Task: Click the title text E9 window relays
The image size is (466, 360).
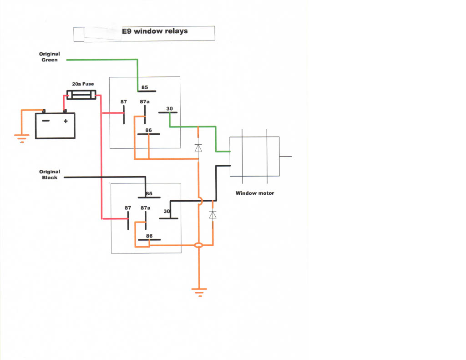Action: tap(155, 31)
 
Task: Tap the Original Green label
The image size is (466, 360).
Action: tap(50, 57)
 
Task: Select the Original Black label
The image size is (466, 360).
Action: tap(50, 175)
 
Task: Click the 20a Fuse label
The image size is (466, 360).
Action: tap(83, 84)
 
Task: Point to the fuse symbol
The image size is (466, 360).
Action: tap(81, 95)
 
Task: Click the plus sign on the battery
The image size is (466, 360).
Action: tap(66, 122)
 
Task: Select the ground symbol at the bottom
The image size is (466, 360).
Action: tap(199, 292)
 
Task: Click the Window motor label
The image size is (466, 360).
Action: tap(255, 193)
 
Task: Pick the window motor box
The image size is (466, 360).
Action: tap(254, 156)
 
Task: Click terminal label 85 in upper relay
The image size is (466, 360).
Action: tap(145, 87)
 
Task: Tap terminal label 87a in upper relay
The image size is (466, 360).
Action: tap(145, 101)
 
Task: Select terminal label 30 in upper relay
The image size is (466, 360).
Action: tap(169, 108)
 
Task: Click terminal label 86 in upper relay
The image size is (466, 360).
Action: tap(148, 131)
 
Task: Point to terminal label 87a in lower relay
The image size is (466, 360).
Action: tap(145, 208)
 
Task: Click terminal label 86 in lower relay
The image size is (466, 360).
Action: tap(148, 236)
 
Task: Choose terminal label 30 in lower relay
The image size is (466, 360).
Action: tap(167, 212)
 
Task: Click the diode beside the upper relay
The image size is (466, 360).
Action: tap(198, 148)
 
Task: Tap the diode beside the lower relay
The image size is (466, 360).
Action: tap(213, 214)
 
